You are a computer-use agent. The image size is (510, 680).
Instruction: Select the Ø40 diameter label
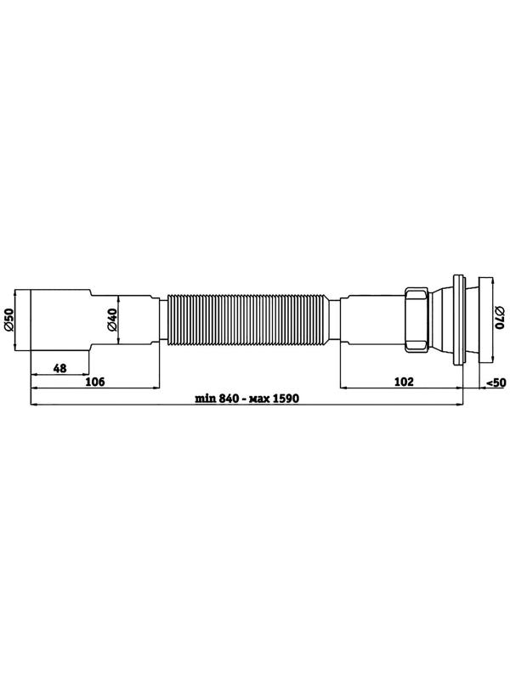[x=112, y=320]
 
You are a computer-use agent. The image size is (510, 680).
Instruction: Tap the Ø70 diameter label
[x=500, y=318]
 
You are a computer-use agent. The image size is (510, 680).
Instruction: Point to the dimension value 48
[x=59, y=368]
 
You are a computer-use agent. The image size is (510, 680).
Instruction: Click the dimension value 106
[x=95, y=382]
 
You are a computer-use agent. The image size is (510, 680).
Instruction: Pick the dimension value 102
[x=405, y=382]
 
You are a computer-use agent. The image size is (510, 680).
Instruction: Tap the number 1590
[x=286, y=398]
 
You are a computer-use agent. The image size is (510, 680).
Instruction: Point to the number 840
[x=229, y=398]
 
